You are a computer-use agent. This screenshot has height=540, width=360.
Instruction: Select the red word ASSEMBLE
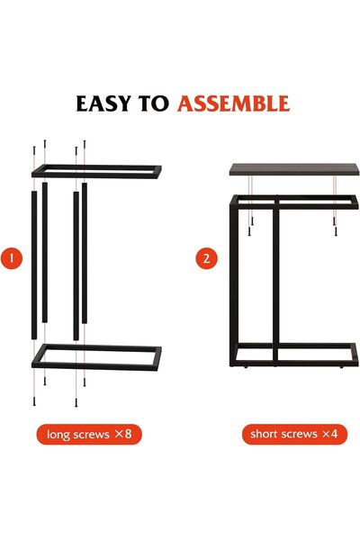tap(233, 103)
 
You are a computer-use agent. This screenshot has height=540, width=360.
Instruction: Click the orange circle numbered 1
tap(12, 259)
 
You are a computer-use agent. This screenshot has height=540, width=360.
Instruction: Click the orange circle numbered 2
tap(207, 259)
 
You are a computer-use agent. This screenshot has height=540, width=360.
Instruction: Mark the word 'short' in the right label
tap(265, 434)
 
